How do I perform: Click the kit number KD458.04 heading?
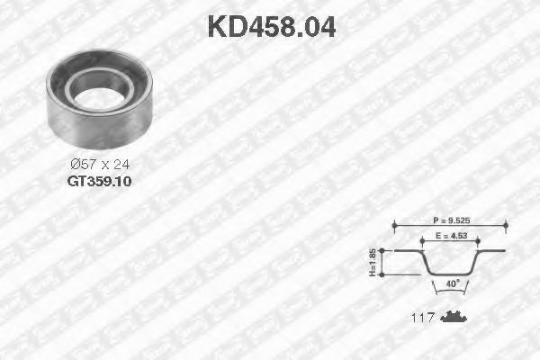[x=271, y=26]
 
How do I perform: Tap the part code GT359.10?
[x=99, y=180]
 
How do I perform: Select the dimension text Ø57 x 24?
[x=100, y=165]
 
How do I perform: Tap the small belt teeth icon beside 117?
[x=455, y=318]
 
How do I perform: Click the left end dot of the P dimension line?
[x=394, y=225]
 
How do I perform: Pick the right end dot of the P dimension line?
[x=506, y=225]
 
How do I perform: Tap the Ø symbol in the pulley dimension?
[x=74, y=165]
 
